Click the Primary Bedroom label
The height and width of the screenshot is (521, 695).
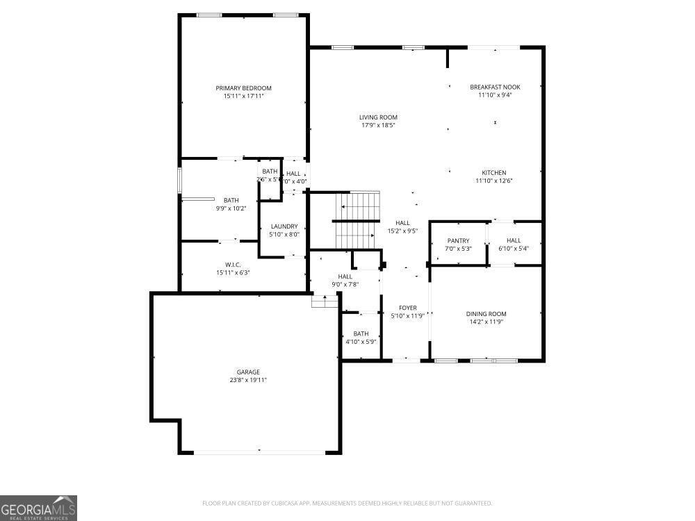click(243, 88)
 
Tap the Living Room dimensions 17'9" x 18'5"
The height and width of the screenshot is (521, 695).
click(378, 126)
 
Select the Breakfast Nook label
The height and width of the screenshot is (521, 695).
click(495, 87)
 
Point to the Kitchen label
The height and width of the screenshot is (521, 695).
click(494, 173)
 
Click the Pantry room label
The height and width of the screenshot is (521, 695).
click(458, 241)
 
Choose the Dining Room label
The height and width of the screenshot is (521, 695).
click(486, 314)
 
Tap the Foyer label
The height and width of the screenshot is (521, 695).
click(407, 308)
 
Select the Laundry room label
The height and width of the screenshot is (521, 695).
click(284, 226)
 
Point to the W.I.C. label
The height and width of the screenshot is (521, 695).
click(233, 265)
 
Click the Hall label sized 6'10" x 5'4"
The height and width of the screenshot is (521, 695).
click(514, 241)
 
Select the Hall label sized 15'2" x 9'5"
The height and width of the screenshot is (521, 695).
click(402, 223)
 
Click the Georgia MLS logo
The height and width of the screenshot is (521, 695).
click(38, 508)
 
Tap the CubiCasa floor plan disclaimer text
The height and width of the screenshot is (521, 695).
click(347, 503)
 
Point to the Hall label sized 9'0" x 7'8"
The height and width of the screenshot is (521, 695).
click(345, 276)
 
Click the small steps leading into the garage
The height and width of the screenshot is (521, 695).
click(325, 301)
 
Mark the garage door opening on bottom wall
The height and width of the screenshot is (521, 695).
click(259, 452)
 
